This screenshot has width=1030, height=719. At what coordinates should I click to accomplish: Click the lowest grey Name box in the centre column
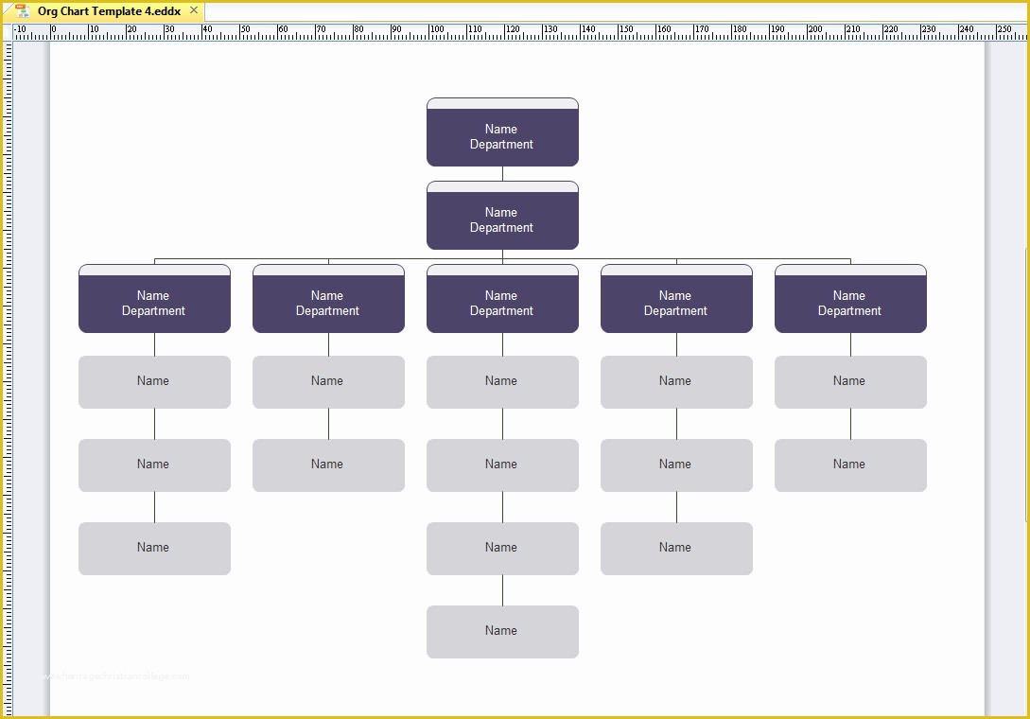[502, 631]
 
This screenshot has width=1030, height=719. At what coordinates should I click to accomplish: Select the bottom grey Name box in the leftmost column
[154, 548]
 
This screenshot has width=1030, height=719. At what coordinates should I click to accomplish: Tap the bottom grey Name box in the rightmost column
[850, 465]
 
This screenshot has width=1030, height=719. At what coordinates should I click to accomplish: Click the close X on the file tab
[194, 11]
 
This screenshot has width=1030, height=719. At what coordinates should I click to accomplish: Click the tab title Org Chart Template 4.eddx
[109, 11]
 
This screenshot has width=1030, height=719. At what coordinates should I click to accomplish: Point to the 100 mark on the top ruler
[436, 30]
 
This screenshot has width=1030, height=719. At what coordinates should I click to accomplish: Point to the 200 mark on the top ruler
[814, 30]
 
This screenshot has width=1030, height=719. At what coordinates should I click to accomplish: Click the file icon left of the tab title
[23, 11]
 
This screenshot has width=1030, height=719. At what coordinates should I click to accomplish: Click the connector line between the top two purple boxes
[502, 173]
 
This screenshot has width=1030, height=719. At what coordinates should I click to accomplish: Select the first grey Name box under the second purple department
[328, 381]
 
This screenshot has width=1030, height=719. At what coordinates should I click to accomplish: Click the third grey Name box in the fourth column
[676, 548]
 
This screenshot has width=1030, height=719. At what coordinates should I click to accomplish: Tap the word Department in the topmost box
[501, 145]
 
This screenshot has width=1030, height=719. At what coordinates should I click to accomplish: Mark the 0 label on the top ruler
[53, 30]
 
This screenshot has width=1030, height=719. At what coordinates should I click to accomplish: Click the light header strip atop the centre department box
[502, 270]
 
